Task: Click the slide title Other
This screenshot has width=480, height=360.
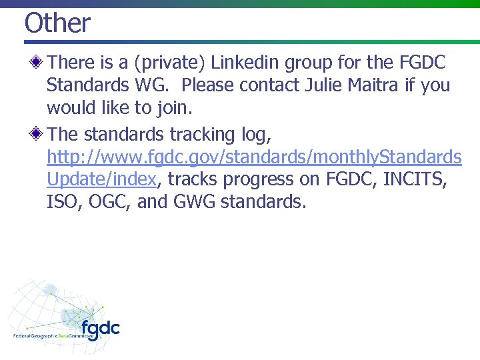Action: tap(57, 23)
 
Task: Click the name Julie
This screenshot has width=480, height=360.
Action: tap(328, 86)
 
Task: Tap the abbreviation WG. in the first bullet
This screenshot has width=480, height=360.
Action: tap(150, 86)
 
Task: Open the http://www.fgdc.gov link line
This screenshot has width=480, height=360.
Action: tap(254, 157)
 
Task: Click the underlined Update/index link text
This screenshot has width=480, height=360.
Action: tap(101, 180)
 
